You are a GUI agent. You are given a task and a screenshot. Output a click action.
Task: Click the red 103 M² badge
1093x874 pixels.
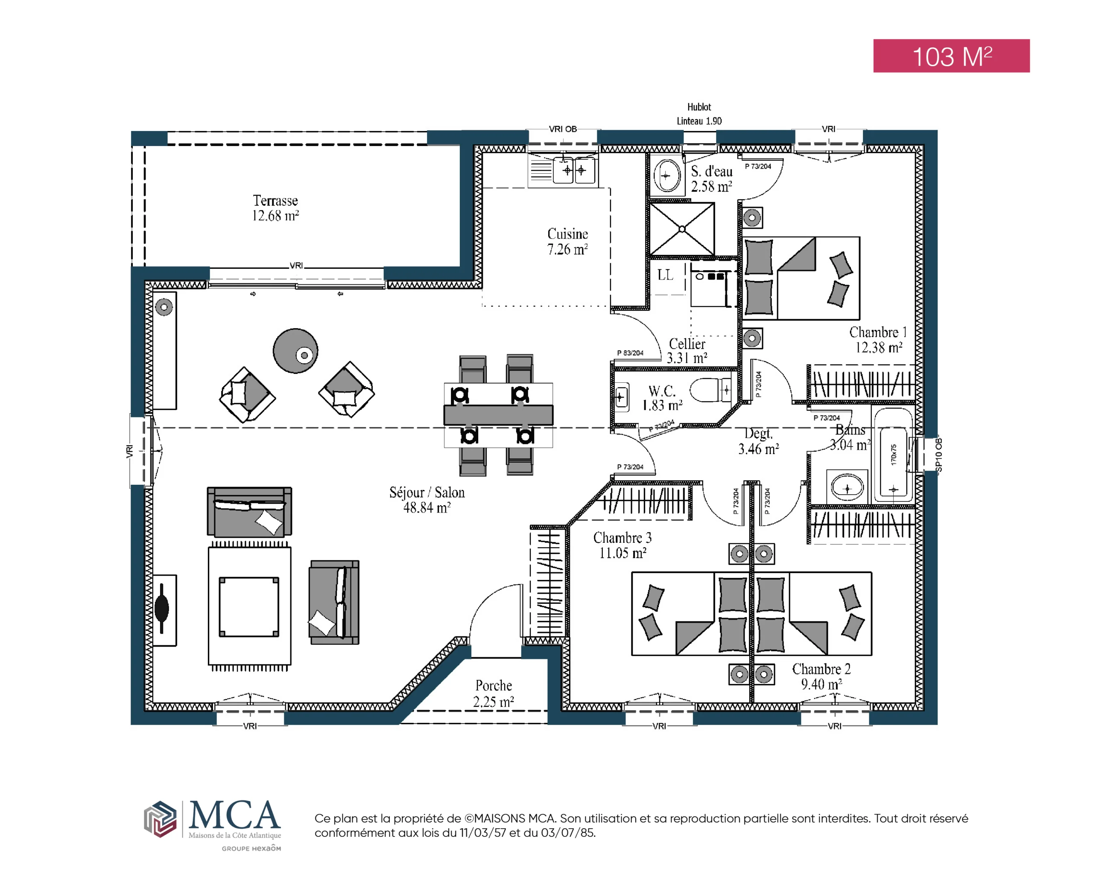951,56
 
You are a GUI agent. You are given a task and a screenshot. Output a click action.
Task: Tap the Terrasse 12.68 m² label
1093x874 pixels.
275,208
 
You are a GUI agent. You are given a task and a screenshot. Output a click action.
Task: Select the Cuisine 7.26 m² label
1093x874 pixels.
567,241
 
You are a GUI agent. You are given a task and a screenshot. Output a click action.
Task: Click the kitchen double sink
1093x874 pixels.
575,170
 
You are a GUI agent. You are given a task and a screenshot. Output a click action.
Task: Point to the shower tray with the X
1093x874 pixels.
682,229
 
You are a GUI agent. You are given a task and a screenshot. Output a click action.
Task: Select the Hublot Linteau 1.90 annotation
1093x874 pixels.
699,114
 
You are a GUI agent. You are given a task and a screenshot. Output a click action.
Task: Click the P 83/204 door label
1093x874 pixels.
630,353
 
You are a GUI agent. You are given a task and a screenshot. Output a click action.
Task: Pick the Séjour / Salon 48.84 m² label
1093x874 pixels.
427,500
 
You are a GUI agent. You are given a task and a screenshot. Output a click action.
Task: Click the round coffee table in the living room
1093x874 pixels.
295,351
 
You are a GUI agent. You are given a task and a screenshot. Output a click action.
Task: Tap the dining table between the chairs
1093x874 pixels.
498,415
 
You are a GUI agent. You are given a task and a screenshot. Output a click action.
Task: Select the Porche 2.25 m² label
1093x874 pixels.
494,693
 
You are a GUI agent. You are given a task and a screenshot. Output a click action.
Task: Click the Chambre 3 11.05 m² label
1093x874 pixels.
622,545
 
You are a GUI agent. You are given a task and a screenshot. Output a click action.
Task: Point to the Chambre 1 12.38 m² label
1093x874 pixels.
879,339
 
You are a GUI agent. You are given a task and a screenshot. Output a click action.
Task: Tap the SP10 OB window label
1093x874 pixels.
938,454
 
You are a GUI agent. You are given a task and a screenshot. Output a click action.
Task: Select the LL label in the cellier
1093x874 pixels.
665,275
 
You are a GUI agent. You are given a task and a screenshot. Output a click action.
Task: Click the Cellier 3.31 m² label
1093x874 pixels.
687,351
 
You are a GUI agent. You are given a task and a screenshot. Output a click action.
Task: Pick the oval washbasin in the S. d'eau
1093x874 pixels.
666,176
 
